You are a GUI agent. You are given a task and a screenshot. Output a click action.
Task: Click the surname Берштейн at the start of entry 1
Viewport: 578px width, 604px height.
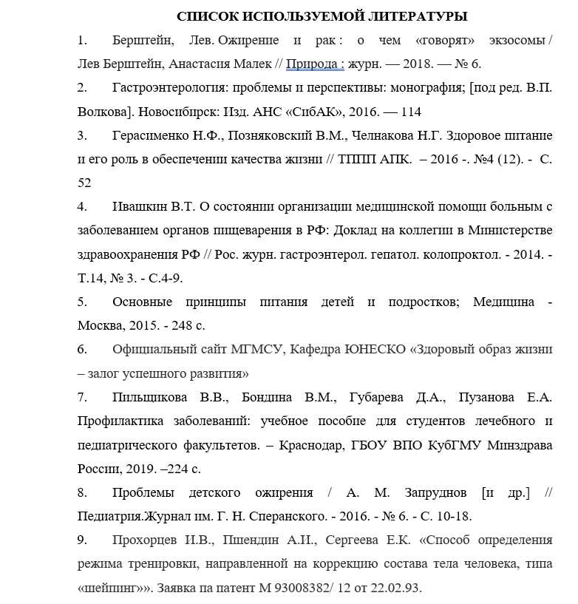pyautogui.click(x=143, y=40)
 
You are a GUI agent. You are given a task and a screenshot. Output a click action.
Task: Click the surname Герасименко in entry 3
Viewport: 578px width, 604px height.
pyautogui.click(x=153, y=135)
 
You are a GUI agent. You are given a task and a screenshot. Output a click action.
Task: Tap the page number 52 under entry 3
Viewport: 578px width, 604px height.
pyautogui.click(x=85, y=183)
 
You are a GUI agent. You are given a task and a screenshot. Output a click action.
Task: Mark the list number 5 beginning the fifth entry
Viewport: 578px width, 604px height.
pyautogui.click(x=82, y=302)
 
